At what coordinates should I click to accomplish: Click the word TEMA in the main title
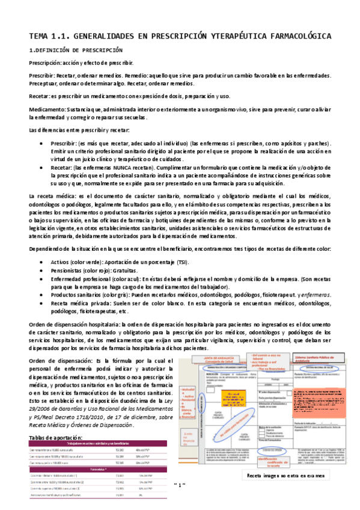tap(41, 36)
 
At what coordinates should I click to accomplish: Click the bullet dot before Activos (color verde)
tap(40, 263)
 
